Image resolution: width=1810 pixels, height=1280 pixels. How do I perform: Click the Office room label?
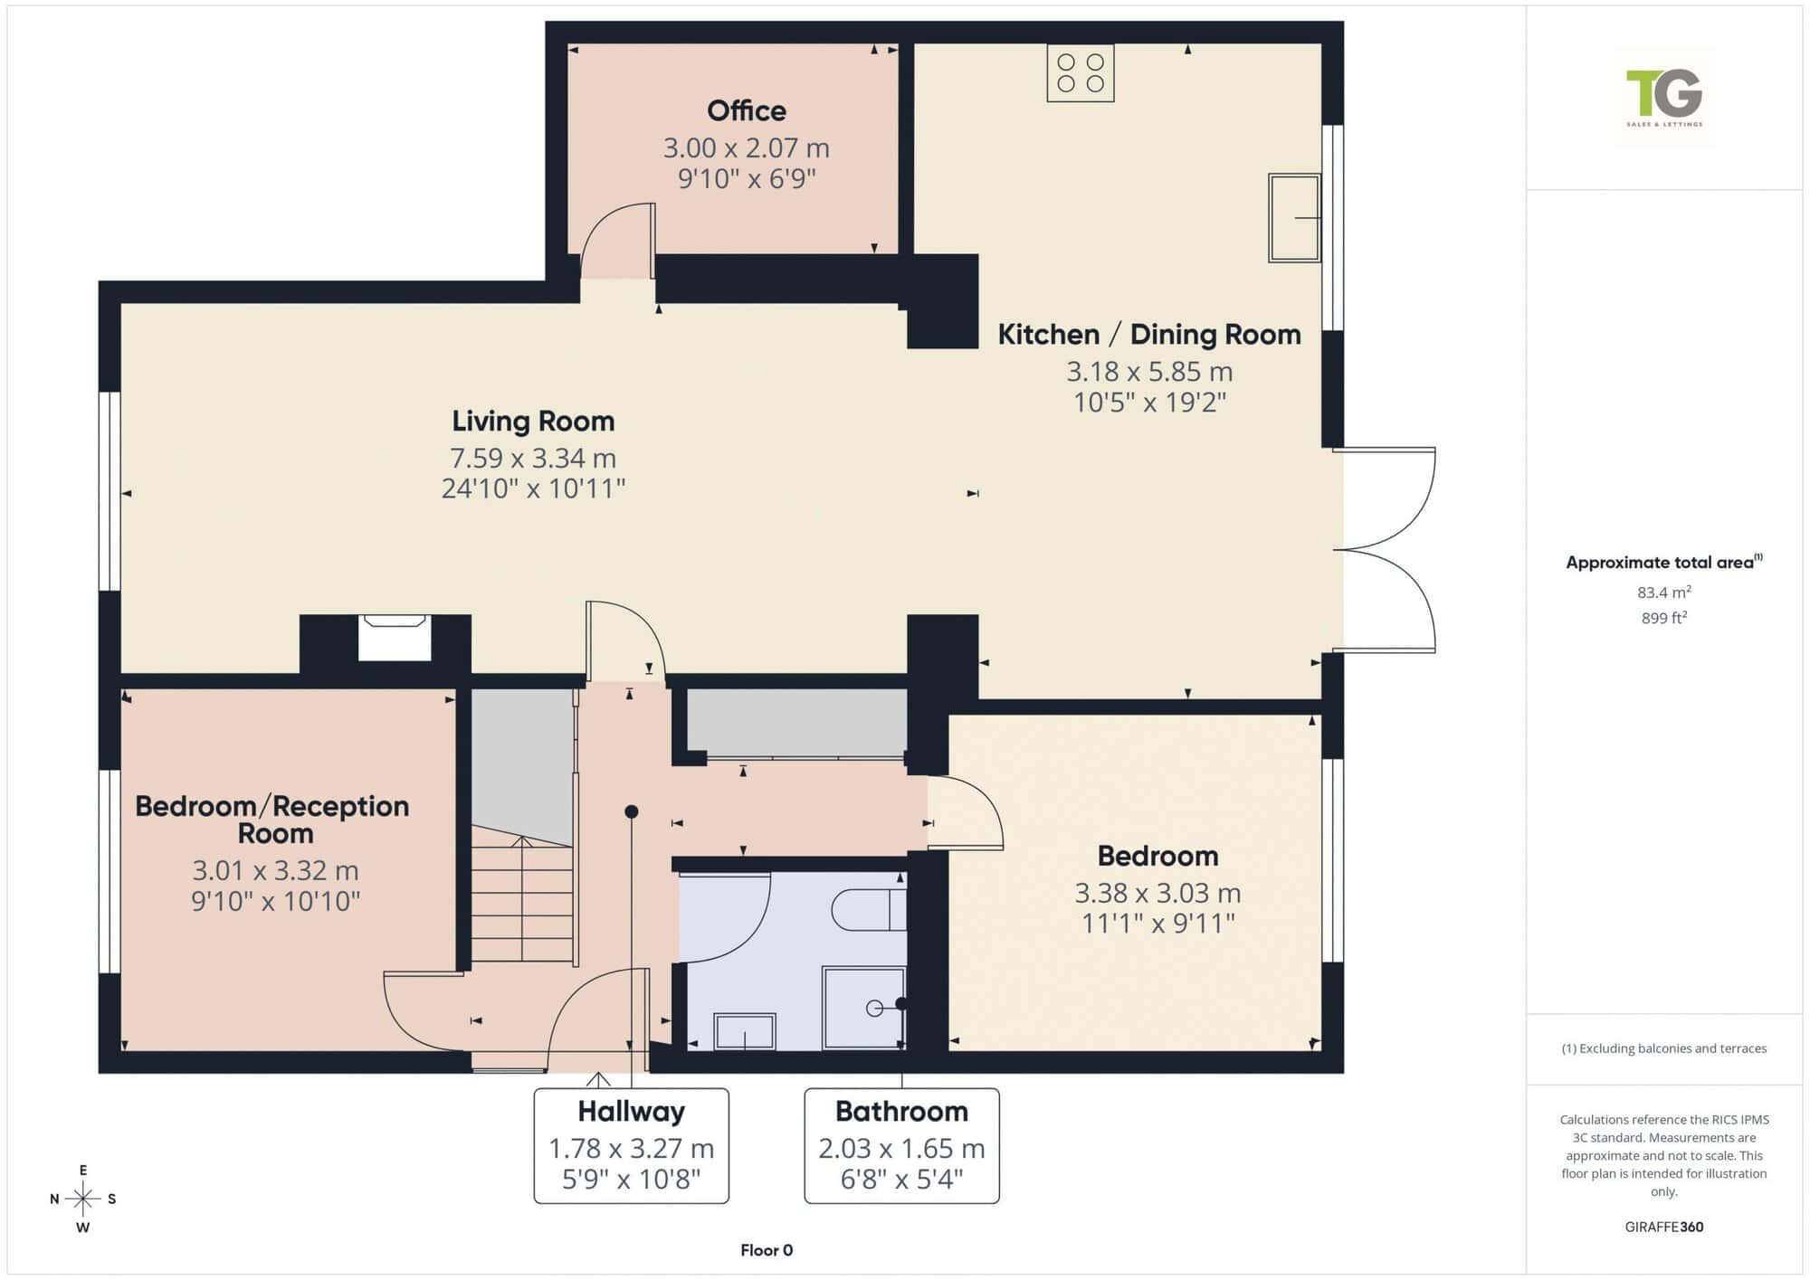click(x=747, y=110)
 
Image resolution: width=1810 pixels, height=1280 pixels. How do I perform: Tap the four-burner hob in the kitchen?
click(x=1081, y=73)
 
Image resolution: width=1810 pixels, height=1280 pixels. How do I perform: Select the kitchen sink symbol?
click(x=1294, y=218)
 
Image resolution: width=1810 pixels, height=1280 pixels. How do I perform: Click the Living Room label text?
click(x=533, y=421)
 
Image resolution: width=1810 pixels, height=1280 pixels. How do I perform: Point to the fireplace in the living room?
click(x=394, y=637)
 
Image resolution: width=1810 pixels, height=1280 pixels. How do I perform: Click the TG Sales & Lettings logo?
click(x=1664, y=96)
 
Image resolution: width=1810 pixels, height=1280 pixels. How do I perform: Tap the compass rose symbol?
click(x=83, y=1199)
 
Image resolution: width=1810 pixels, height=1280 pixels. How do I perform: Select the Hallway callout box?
click(x=632, y=1146)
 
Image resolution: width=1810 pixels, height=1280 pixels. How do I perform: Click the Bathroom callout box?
click(x=901, y=1146)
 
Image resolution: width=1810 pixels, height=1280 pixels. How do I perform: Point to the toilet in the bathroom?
click(x=869, y=910)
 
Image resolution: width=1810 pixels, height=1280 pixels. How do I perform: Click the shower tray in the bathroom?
click(x=863, y=1008)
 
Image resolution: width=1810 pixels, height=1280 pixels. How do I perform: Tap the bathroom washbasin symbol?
click(x=745, y=1031)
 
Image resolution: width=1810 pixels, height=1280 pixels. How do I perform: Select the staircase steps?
click(x=522, y=900)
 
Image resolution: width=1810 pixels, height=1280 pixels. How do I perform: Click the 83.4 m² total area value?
click(x=1664, y=593)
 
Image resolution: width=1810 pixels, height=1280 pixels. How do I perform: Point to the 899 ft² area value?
click(x=1664, y=618)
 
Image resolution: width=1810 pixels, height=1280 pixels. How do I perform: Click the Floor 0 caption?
click(x=767, y=1250)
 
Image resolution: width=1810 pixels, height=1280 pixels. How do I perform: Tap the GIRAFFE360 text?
click(x=1664, y=1227)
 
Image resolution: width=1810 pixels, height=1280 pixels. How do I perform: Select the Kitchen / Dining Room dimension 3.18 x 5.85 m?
click(x=1149, y=371)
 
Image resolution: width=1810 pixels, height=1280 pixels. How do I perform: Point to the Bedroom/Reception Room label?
click(x=272, y=820)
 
